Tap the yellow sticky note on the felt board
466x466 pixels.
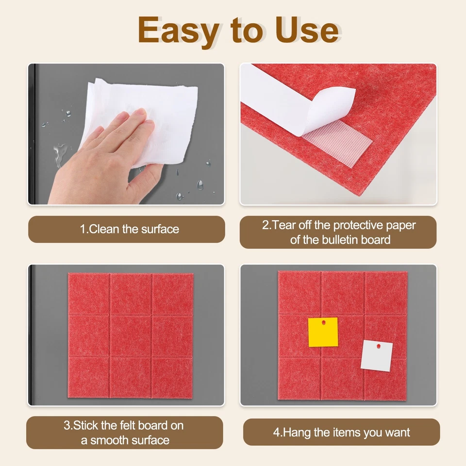[x=323, y=332]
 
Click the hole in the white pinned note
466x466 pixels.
[x=378, y=346]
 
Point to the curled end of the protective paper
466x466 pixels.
[x=335, y=104]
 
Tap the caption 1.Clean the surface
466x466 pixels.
[x=129, y=229]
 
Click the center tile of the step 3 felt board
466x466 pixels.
[x=131, y=335]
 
